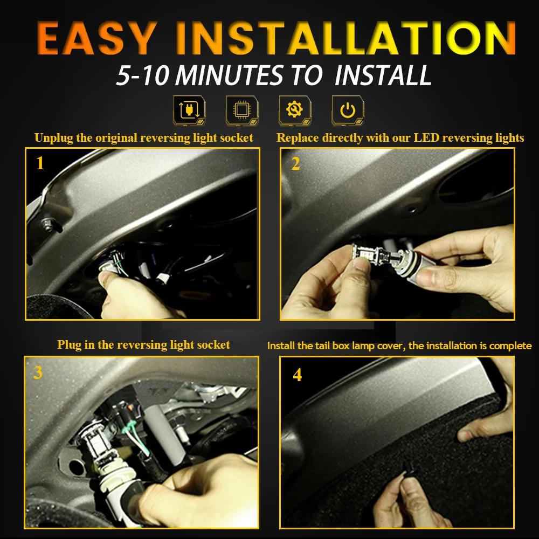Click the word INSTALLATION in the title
point(345,38)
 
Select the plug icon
point(189,110)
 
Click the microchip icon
point(242,110)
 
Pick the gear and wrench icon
point(295,110)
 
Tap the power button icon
point(348,110)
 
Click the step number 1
point(40,163)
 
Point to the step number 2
point(295,164)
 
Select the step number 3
point(38,372)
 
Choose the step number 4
point(298,375)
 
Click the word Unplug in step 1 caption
point(54,138)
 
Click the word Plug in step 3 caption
point(69,345)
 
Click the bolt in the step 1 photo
point(48,224)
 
